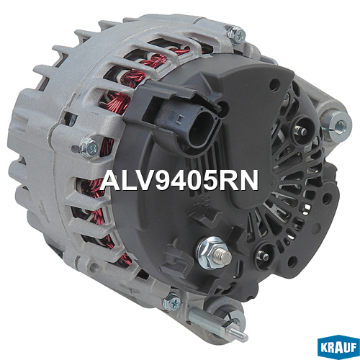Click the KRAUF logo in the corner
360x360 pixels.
338,347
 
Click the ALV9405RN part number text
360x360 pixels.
180,180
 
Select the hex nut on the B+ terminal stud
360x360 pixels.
211,253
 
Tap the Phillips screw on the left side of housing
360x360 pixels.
89,146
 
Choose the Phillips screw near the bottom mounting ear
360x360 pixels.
172,302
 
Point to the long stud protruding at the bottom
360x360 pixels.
217,323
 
